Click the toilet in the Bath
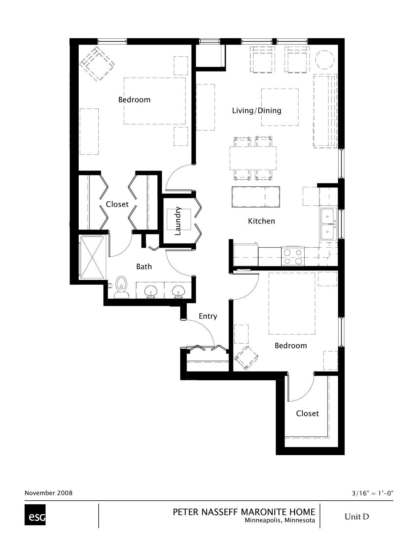tap(121, 287)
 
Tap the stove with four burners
tap(293, 256)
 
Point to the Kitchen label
tap(261, 221)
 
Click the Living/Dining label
tap(257, 110)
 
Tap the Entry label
tap(208, 316)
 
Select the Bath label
tap(144, 267)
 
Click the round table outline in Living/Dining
tap(324, 59)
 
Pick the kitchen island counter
tap(256, 197)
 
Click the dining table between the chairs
tap(253, 158)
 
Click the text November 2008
tap(49, 493)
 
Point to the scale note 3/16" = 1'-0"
tap(372, 493)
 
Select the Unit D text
tap(356, 517)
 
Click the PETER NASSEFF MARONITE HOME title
tap(244, 512)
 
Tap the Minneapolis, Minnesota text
tap(280, 520)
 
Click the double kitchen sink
tap(328, 224)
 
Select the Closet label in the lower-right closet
tap(307, 413)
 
